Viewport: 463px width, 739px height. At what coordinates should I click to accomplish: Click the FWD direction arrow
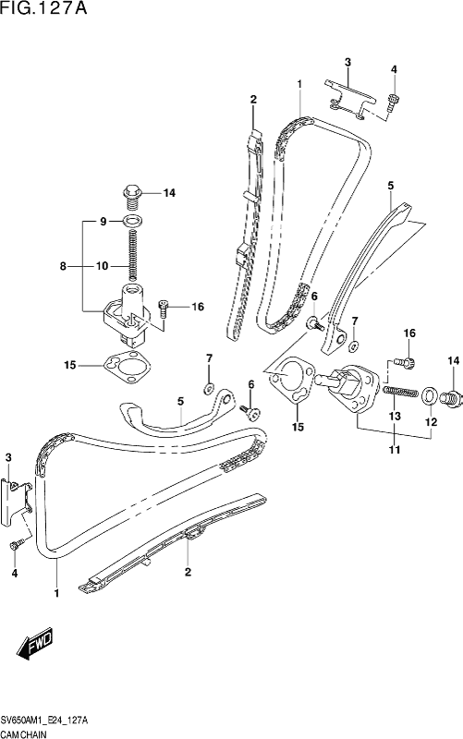(36, 644)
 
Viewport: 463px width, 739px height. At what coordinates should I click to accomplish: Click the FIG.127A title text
(43, 8)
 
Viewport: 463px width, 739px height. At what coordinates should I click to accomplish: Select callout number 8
(63, 266)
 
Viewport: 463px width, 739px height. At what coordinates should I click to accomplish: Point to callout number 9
(104, 221)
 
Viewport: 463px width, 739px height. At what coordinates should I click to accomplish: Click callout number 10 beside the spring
(103, 266)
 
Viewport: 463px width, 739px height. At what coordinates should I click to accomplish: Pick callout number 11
(395, 450)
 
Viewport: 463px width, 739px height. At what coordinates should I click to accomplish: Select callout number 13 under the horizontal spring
(395, 417)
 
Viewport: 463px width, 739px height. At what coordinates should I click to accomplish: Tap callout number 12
(431, 422)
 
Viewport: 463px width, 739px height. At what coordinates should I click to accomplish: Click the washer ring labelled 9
(133, 220)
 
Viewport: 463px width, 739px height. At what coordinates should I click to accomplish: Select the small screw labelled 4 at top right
(393, 103)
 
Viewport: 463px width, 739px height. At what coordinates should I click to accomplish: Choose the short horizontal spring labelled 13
(401, 392)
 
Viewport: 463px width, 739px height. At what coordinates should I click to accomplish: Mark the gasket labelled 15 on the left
(128, 367)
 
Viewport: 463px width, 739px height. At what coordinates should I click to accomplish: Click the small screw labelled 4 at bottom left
(15, 545)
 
